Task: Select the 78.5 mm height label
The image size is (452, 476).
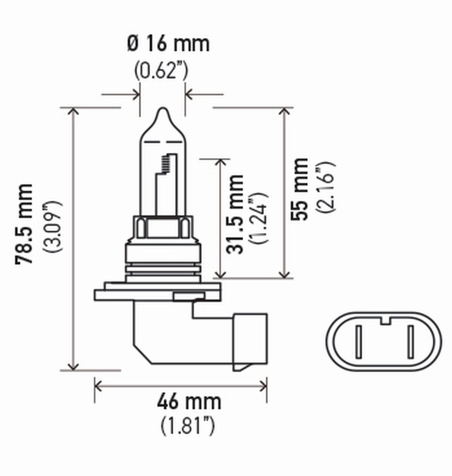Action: pyautogui.click(x=24, y=223)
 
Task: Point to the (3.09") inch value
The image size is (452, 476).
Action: pyautogui.click(x=53, y=226)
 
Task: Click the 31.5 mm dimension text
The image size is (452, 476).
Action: pyautogui.click(x=235, y=214)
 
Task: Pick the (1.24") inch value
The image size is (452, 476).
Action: pyautogui.click(x=259, y=218)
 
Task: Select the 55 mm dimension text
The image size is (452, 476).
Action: pyautogui.click(x=300, y=189)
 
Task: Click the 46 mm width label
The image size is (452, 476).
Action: pyautogui.click(x=189, y=402)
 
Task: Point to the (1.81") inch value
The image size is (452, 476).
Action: pyautogui.click(x=187, y=426)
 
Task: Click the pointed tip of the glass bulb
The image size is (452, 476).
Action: pyautogui.click(x=163, y=109)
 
